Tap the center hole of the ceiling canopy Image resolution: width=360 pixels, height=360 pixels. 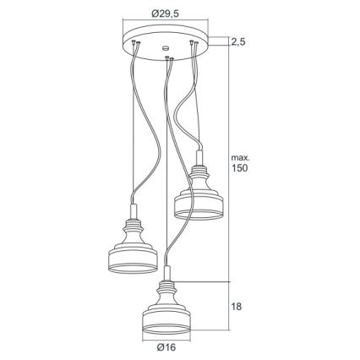(165, 43)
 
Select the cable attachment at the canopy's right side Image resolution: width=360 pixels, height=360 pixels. (194, 41)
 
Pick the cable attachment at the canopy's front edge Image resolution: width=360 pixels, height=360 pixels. (168, 57)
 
